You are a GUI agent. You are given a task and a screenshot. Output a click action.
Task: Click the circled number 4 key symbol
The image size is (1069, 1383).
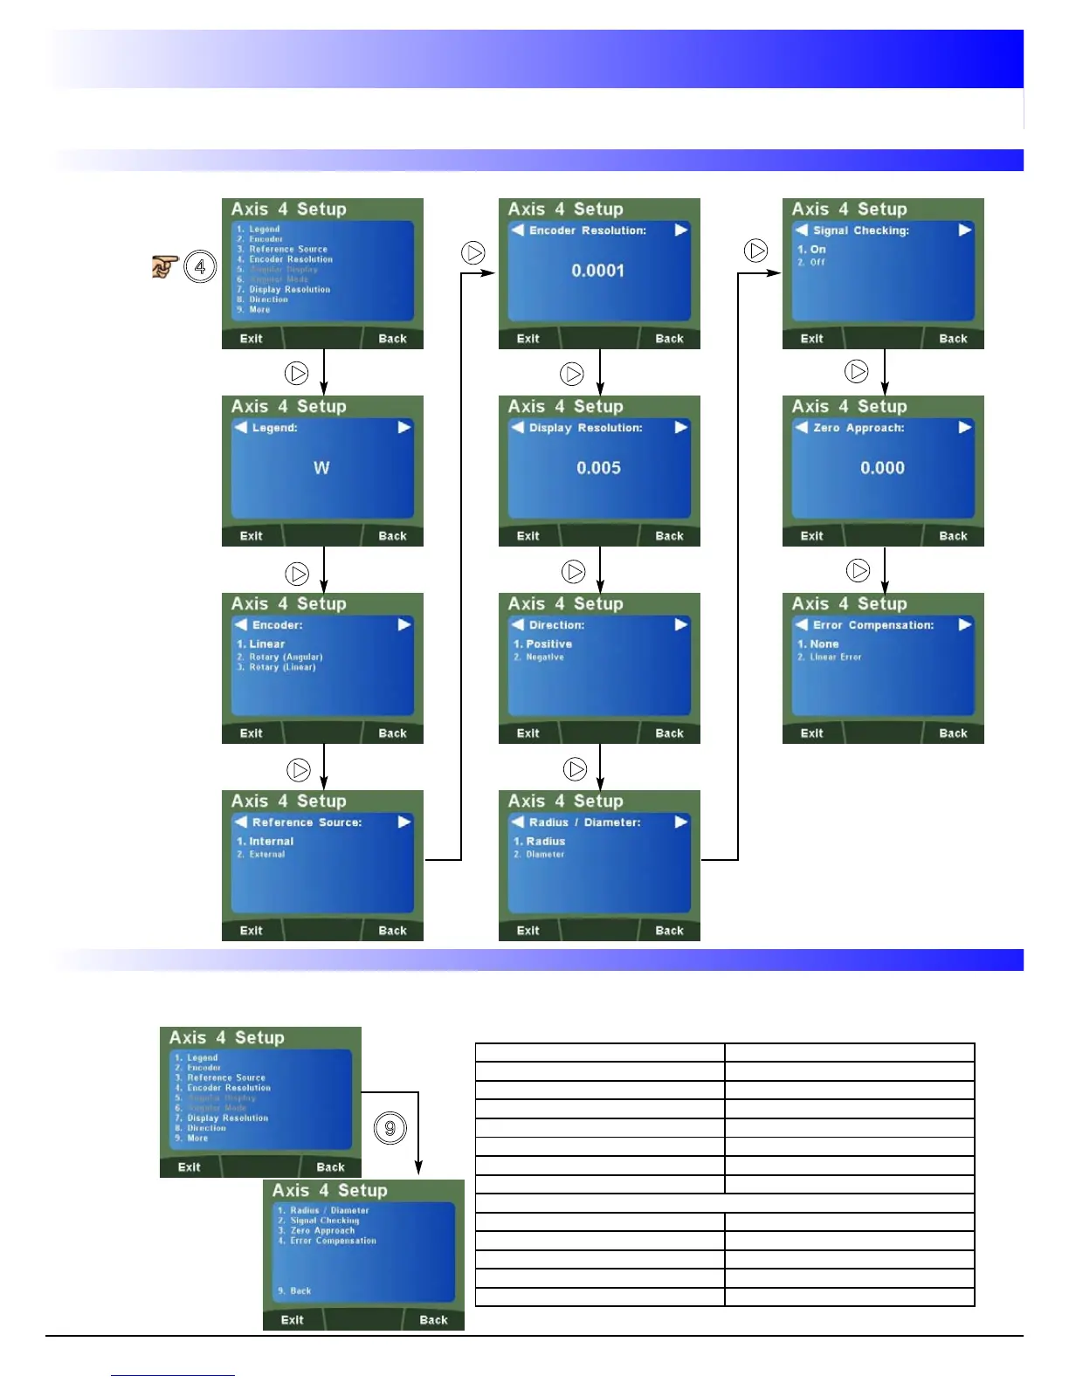[200, 266]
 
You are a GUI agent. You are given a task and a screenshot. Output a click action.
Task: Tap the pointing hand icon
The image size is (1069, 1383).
[164, 266]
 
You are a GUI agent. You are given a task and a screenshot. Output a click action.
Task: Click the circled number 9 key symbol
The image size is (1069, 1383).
[390, 1128]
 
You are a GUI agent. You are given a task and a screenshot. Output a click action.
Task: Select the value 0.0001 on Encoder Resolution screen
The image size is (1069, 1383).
[598, 271]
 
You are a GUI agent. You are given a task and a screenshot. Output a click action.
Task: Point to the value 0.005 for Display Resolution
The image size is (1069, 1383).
[598, 468]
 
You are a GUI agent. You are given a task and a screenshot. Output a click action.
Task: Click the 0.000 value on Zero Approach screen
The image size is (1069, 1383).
[882, 468]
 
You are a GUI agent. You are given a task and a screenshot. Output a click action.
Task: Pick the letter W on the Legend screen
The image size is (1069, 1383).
[321, 468]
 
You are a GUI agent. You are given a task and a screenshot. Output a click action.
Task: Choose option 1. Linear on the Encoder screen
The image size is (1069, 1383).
[261, 644]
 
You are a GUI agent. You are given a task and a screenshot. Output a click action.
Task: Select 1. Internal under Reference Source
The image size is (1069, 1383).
[266, 842]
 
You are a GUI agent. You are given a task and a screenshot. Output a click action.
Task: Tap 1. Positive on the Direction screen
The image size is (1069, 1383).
[542, 644]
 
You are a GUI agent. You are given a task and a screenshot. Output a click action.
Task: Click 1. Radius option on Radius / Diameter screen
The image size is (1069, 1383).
[540, 842]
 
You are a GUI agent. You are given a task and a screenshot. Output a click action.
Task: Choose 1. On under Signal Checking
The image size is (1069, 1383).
[811, 250]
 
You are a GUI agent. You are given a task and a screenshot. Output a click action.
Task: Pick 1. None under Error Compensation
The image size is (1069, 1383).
[818, 644]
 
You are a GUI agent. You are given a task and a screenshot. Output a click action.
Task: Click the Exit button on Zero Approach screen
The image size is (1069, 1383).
[811, 536]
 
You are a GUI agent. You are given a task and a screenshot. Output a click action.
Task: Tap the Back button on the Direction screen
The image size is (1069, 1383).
[669, 733]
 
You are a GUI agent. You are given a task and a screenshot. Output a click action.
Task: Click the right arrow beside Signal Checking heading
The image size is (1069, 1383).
[964, 230]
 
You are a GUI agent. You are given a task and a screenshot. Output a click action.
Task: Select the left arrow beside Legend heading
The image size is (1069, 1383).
[241, 428]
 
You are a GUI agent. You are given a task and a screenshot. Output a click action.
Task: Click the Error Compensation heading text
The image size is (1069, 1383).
[873, 625]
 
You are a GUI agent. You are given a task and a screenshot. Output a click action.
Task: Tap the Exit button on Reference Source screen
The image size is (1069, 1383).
[251, 931]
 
